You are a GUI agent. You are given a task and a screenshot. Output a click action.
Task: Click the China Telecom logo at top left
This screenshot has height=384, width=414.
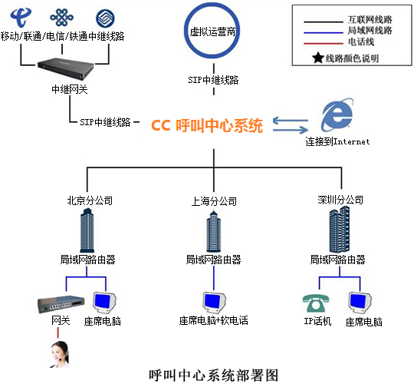pyautogui.click(x=21, y=17)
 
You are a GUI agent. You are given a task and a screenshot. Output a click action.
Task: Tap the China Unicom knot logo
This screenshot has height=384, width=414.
pyautogui.click(x=62, y=17)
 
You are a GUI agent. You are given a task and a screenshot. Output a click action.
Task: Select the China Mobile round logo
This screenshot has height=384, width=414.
pyautogui.click(x=105, y=18)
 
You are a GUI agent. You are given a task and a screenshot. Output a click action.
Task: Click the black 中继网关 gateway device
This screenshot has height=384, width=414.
pyautogui.click(x=66, y=68)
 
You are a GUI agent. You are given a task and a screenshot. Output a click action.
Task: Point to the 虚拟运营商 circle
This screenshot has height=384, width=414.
pyautogui.click(x=212, y=56)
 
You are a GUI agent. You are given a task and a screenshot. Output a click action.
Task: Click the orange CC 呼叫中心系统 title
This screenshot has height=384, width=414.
pyautogui.click(x=207, y=125)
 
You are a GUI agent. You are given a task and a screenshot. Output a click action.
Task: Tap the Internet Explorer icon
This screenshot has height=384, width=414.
pyautogui.click(x=337, y=114)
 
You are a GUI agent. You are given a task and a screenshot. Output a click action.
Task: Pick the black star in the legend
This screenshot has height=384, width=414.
pyautogui.click(x=318, y=58)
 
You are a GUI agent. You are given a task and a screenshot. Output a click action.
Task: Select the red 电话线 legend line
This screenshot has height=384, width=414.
pyautogui.click(x=324, y=43)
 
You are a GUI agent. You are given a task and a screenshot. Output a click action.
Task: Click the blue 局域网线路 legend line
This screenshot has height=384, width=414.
pyautogui.click(x=324, y=32)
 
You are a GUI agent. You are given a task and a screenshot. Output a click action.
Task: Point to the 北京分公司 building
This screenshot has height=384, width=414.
pyautogui.click(x=87, y=230)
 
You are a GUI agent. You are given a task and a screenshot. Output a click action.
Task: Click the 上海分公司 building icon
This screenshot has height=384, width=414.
pyautogui.click(x=214, y=231)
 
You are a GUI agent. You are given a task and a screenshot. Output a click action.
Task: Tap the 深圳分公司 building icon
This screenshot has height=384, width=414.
pyautogui.click(x=340, y=230)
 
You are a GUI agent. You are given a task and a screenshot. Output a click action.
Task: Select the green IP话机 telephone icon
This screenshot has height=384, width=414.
pyautogui.click(x=316, y=303)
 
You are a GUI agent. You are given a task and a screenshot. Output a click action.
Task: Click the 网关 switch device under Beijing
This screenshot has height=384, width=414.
pyautogui.click(x=61, y=304)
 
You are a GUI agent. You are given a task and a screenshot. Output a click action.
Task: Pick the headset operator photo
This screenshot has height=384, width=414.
pyautogui.click(x=60, y=354)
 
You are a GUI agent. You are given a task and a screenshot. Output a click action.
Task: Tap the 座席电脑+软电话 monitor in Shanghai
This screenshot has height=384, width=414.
pyautogui.click(x=215, y=303)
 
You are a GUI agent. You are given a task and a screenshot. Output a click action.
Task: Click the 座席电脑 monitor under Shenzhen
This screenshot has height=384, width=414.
pyautogui.click(x=360, y=303)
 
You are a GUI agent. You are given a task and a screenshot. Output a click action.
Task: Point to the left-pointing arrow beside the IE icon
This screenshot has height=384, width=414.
pyautogui.click(x=291, y=121)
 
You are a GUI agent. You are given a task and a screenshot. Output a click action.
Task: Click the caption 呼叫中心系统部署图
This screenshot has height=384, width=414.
pyautogui.click(x=214, y=376)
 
